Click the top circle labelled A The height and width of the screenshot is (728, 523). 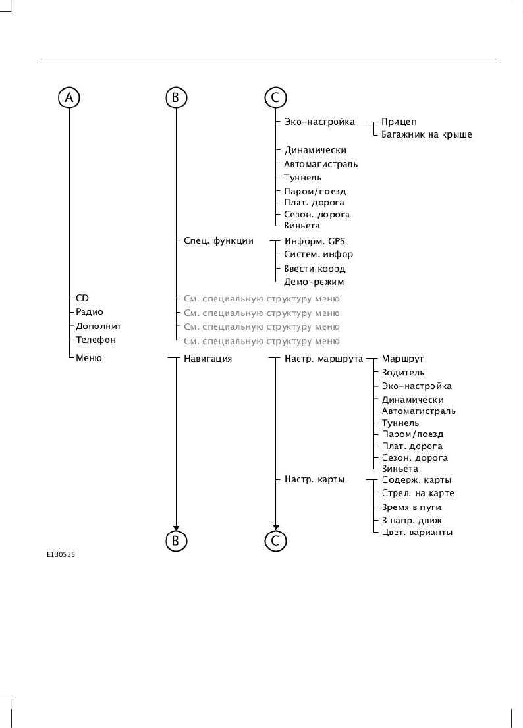click(x=69, y=98)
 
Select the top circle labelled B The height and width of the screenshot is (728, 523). click(x=175, y=98)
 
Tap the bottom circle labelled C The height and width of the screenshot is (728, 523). click(x=275, y=540)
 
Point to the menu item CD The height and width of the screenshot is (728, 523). click(x=83, y=298)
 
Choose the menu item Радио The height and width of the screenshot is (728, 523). click(x=90, y=311)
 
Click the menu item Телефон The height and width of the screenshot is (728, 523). click(x=96, y=340)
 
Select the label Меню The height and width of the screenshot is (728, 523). click(x=89, y=359)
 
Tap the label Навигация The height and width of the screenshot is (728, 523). click(x=207, y=359)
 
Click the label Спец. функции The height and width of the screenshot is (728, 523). click(x=214, y=240)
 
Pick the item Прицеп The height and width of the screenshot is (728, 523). click(x=399, y=122)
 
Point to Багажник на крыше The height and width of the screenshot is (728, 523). click(x=427, y=134)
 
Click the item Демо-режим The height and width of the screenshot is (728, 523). click(x=314, y=282)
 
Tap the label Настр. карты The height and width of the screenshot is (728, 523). click(x=314, y=479)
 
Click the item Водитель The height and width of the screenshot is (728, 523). click(x=403, y=373)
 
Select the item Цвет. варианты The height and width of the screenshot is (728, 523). click(x=417, y=532)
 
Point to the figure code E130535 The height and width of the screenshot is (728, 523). click(x=61, y=555)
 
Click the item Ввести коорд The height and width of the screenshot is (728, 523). click(x=314, y=269)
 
